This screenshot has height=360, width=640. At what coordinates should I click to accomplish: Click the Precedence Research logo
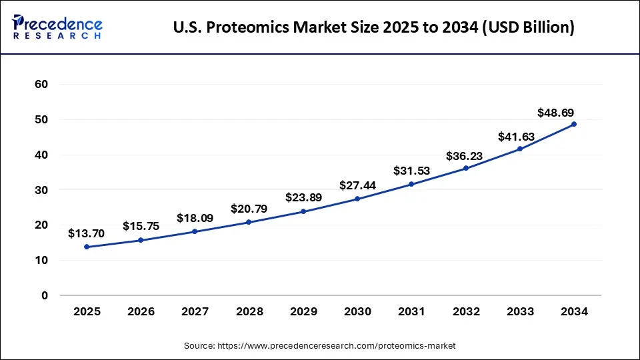57,27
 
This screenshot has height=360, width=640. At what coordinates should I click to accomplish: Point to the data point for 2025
87,247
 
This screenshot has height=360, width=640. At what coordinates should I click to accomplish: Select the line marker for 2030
357,199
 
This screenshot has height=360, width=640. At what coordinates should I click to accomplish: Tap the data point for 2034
574,124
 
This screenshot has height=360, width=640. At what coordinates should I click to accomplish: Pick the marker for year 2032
466,168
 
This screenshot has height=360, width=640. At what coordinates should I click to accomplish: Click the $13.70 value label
87,233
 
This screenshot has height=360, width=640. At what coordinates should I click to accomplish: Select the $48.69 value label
556,113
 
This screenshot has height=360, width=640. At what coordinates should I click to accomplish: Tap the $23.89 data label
304,197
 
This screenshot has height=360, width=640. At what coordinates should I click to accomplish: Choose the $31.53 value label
412,171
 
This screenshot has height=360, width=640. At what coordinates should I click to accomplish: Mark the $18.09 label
195,218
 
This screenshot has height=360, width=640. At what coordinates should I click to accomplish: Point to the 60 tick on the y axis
41,85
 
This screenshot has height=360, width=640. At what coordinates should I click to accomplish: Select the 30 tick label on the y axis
41,190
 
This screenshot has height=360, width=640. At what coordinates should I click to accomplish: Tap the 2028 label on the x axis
249,311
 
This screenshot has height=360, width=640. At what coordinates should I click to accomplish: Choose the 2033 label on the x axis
520,311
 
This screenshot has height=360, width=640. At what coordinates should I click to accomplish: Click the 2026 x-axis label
141,311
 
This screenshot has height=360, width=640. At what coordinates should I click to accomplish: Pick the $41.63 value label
517,137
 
